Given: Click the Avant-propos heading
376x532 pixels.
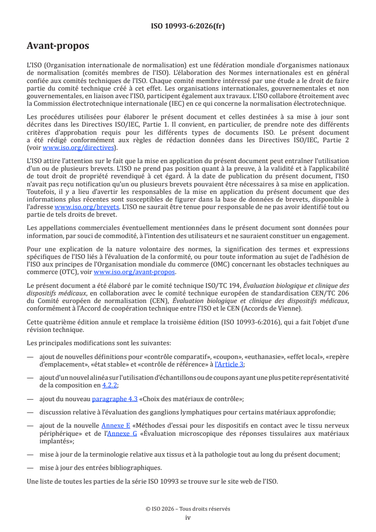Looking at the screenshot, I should coord(58,46).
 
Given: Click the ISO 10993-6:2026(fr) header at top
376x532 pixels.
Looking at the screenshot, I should coord(188,26).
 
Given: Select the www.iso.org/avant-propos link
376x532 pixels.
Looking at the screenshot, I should coord(135,272).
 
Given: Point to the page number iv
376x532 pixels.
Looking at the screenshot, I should coord(188,518).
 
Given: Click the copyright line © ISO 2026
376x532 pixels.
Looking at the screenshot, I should coord(188,509).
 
